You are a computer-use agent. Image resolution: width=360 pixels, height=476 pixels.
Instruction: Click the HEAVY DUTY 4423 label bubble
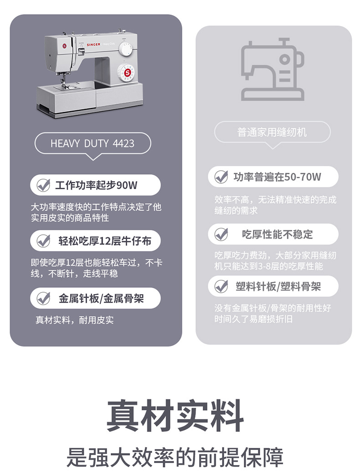(x=93, y=144)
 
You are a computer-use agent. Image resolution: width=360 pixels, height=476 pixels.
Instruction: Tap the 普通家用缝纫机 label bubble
(x=272, y=132)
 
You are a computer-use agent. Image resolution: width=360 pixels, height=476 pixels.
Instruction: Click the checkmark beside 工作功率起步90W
(x=43, y=185)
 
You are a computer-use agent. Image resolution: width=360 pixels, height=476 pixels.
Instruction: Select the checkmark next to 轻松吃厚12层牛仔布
(x=43, y=241)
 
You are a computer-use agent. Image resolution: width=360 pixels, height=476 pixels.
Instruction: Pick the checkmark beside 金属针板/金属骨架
(x=43, y=299)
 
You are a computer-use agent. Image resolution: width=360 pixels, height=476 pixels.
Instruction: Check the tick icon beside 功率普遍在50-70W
(x=221, y=177)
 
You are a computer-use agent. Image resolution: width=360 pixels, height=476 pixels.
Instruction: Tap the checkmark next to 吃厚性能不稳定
(x=221, y=234)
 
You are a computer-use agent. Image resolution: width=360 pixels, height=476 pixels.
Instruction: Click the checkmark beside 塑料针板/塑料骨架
(x=221, y=286)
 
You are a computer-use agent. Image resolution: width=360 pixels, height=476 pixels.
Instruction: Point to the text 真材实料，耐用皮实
(x=75, y=320)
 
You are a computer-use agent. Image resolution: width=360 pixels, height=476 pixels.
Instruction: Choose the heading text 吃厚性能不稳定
(x=278, y=234)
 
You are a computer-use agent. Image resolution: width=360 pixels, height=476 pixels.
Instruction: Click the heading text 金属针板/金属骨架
(x=101, y=299)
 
